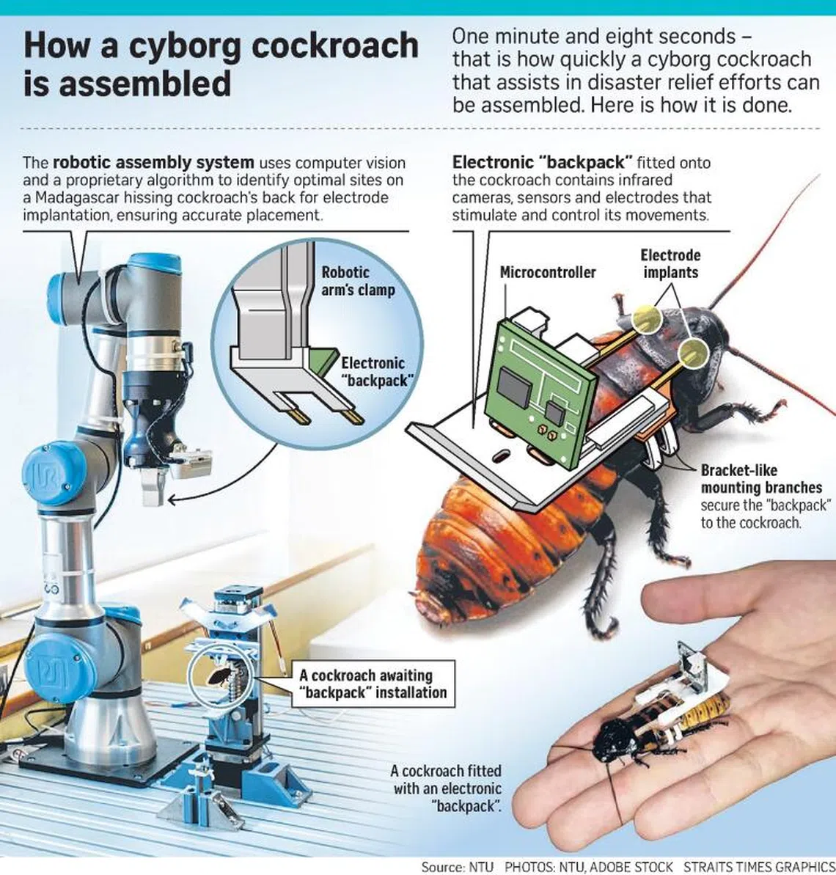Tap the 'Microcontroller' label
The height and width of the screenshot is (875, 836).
pyautogui.click(x=548, y=272)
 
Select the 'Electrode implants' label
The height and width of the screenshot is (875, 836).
pyautogui.click(x=670, y=264)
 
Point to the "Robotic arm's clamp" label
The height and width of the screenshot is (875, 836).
pyautogui.click(x=358, y=281)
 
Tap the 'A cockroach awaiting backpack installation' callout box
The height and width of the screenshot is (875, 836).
pyautogui.click(x=373, y=684)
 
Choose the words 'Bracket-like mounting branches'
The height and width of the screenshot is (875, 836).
pyautogui.click(x=761, y=479)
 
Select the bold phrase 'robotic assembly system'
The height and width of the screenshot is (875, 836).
pyautogui.click(x=153, y=162)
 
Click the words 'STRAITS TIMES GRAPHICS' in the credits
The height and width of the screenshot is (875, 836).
pyautogui.click(x=760, y=867)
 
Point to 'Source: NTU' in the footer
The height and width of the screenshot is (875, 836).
pyautogui.click(x=458, y=867)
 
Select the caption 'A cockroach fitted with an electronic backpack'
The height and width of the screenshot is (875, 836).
pyautogui.click(x=446, y=788)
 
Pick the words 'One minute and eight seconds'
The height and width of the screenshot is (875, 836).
pyautogui.click(x=594, y=36)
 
